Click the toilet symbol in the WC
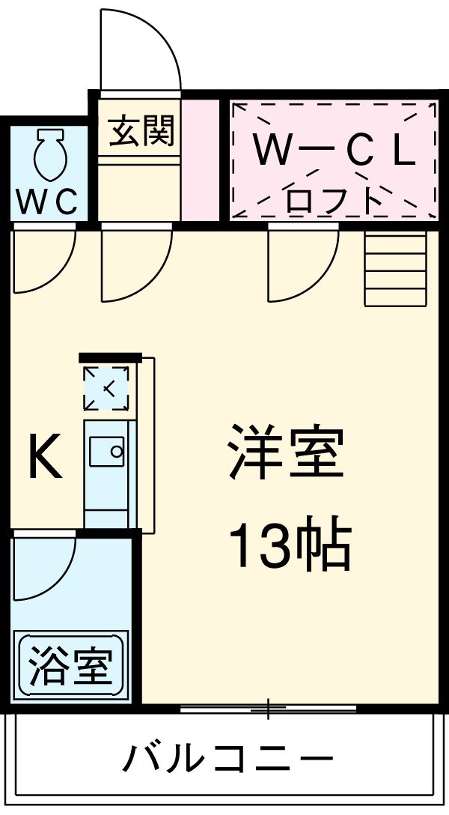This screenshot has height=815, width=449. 49,154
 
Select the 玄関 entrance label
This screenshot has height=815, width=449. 141,132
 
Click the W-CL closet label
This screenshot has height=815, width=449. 333,151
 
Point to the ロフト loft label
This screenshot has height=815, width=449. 333,199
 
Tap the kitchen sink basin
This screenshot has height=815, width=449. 107,452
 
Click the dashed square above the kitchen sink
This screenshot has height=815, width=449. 106,389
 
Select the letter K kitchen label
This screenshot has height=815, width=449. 44,459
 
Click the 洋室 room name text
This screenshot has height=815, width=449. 287,452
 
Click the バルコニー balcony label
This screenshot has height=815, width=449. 228,761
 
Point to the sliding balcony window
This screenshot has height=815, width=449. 268,707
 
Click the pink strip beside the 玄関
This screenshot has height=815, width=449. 200,159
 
